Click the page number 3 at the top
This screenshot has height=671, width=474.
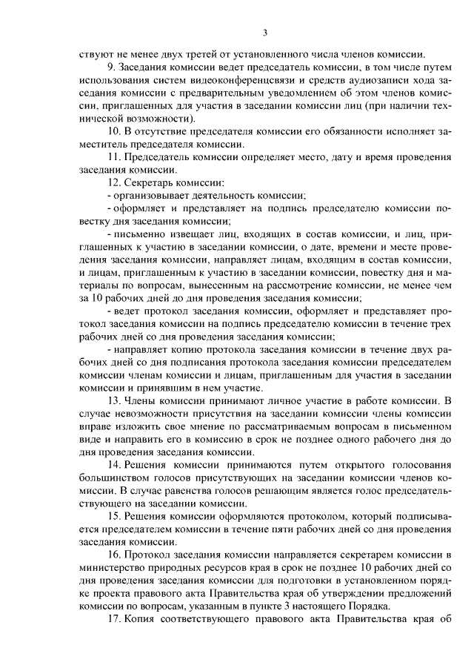click(x=264, y=32)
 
